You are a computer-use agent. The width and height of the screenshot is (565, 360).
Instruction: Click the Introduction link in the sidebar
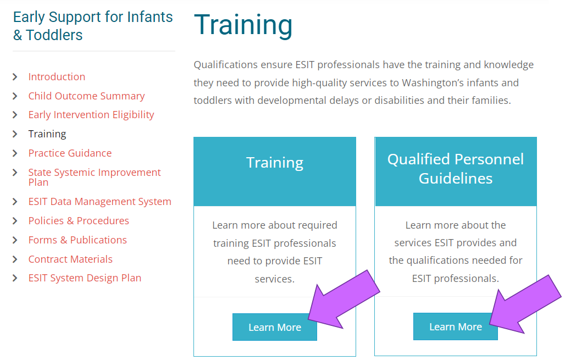tap(57, 77)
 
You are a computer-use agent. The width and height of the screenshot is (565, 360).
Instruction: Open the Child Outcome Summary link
tap(86, 96)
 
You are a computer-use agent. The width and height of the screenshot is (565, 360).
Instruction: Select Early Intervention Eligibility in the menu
tap(91, 114)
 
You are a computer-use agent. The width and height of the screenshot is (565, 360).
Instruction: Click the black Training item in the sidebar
tap(47, 134)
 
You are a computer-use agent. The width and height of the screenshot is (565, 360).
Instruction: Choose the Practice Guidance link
tap(70, 153)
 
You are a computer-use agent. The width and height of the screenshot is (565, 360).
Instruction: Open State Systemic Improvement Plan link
tap(95, 177)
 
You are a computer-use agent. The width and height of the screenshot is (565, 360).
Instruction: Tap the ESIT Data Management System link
tap(100, 202)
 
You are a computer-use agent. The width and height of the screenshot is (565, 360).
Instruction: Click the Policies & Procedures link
tap(79, 220)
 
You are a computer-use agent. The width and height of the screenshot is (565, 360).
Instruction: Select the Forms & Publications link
tap(77, 240)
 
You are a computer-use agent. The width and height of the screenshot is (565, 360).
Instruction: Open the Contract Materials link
tap(70, 259)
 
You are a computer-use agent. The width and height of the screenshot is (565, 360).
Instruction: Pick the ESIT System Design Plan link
tap(85, 278)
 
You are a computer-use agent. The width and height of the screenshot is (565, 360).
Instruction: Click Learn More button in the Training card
tap(275, 327)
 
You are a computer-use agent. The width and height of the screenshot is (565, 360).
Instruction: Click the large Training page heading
tap(243, 25)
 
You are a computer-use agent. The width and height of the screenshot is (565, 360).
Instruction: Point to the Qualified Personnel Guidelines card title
tap(456, 169)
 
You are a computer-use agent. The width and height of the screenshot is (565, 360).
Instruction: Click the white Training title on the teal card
tap(275, 163)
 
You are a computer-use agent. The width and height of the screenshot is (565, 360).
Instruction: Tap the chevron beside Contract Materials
tap(15, 259)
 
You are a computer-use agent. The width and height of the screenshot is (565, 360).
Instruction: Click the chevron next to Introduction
tap(15, 77)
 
